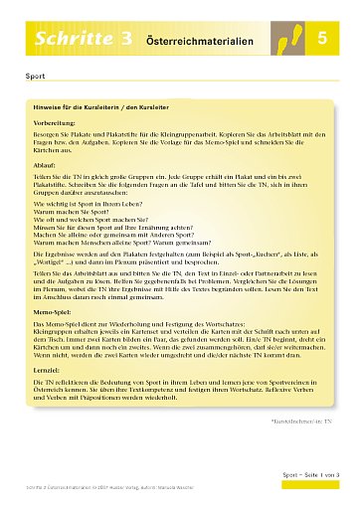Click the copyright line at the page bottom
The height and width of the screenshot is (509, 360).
[119, 500]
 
